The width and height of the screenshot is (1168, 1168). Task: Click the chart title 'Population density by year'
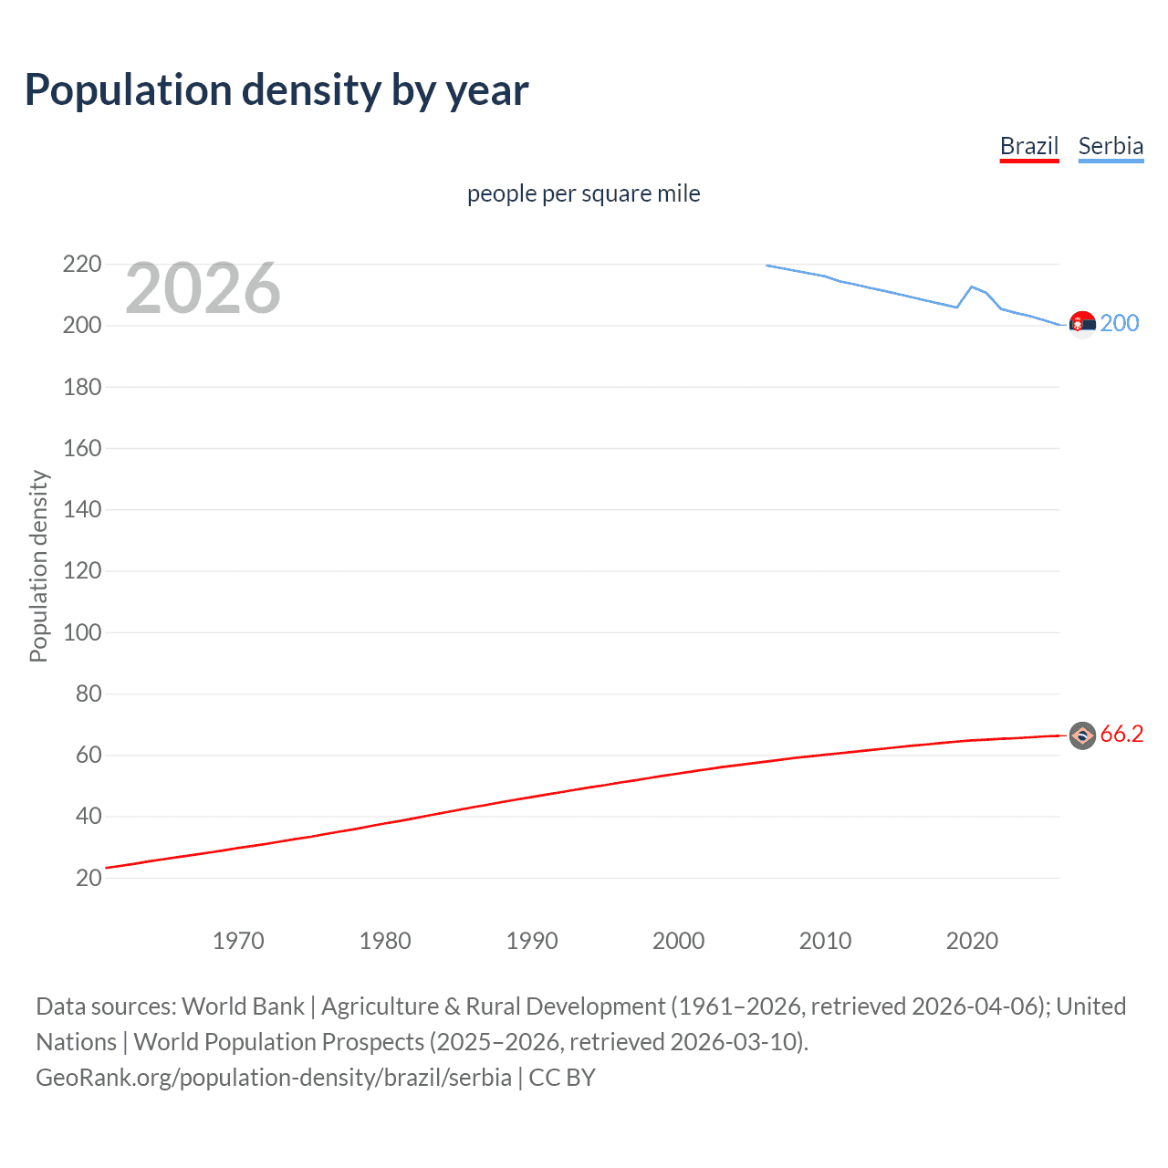(276, 90)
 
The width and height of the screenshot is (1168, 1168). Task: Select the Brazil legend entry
(1028, 146)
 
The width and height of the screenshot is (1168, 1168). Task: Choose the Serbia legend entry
(1111, 146)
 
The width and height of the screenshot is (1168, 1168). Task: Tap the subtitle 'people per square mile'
(583, 193)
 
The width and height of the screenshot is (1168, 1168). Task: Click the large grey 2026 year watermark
(203, 288)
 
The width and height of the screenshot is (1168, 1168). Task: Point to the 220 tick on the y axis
(82, 265)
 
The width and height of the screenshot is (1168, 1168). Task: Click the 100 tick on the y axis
(82, 632)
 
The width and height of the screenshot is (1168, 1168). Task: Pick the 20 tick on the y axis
(89, 878)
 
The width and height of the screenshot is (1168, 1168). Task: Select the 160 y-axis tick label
(82, 448)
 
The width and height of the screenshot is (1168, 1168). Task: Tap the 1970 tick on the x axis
(238, 941)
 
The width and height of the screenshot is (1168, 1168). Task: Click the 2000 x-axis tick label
(678, 941)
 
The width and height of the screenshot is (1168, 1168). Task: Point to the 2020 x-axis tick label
(972, 941)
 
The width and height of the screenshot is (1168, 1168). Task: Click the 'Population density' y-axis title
(38, 566)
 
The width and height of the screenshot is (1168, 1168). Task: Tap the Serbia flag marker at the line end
(1082, 324)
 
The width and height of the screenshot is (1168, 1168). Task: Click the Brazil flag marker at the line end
(1082, 735)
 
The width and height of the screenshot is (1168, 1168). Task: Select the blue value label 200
(1120, 324)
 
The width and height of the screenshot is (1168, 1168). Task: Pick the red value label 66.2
(1121, 735)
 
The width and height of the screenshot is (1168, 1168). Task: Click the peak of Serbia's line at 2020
(972, 287)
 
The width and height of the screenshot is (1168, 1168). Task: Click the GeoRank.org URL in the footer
(274, 1078)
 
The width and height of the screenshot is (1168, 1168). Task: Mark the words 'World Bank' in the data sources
(243, 1006)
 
